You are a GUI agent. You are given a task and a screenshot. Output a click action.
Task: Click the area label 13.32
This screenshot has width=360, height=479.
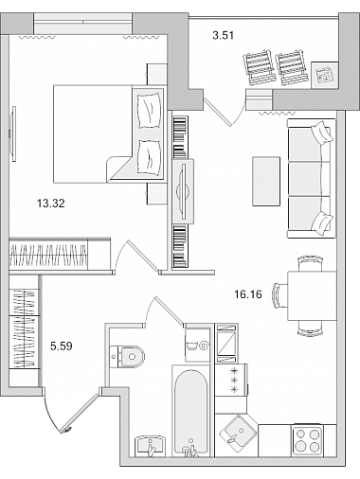pyautogui.click(x=51, y=204)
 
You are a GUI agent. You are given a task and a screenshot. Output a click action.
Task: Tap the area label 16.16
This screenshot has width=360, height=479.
pyautogui.click(x=248, y=294)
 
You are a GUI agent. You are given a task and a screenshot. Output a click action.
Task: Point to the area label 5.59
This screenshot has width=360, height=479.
pyautogui.click(x=62, y=346)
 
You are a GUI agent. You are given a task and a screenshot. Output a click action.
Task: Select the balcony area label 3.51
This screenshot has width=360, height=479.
pyautogui.click(x=224, y=35)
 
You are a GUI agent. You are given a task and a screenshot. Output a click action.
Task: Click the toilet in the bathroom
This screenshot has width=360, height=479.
pyautogui.click(x=127, y=357)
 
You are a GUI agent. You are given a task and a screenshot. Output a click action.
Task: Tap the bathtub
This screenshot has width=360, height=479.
pyautogui.click(x=190, y=412)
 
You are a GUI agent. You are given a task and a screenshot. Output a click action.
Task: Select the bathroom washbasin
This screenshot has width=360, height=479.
pyautogui.click(x=150, y=446)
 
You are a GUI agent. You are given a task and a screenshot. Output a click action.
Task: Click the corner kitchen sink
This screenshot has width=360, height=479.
pyautogui.click(x=238, y=433)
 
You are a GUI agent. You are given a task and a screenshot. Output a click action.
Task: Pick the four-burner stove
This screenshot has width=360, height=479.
pyautogui.click(x=307, y=440)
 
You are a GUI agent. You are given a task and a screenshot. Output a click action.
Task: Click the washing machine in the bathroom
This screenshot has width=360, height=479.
pyautogui.click(x=197, y=345)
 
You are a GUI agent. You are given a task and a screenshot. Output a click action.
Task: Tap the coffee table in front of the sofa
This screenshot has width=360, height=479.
pyautogui.click(x=266, y=182)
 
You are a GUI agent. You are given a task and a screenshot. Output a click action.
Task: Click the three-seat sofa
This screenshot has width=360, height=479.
pyautogui.click(x=311, y=178)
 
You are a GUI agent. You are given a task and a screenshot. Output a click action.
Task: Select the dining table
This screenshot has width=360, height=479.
pyautogui.click(x=312, y=296)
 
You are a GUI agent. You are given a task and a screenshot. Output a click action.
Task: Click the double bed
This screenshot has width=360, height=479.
pyautogui.click(x=108, y=133)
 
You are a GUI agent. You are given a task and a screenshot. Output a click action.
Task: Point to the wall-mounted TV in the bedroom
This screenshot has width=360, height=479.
pyautogui.click(x=13, y=133)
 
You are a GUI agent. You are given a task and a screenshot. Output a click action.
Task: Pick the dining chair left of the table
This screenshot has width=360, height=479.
pyautogui.click(x=279, y=295)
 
